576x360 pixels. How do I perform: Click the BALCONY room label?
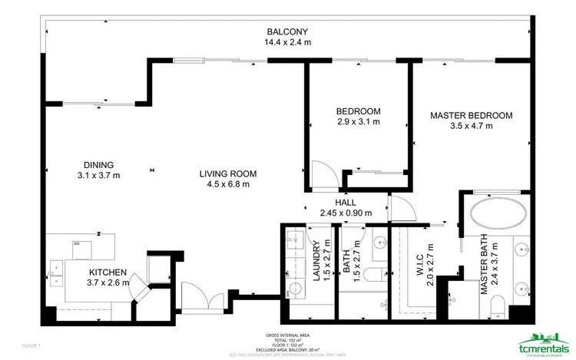[288, 31]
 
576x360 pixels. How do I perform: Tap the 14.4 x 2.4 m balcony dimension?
[288, 42]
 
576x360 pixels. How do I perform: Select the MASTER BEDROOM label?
[471, 116]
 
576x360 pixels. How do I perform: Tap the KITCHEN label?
[108, 272]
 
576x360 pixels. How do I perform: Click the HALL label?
[334, 202]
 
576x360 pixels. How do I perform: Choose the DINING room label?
[99, 164]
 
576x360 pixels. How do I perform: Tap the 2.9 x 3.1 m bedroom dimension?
[359, 121]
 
